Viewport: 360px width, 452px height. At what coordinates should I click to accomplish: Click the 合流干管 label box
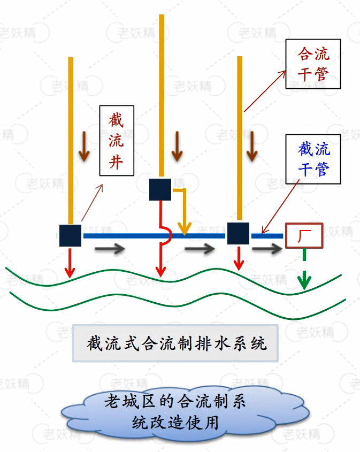[313, 63]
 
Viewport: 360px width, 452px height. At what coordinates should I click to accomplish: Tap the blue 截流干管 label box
[313, 159]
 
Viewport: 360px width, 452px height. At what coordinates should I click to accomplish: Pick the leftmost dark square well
[70, 235]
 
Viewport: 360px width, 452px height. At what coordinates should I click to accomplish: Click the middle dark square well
[160, 189]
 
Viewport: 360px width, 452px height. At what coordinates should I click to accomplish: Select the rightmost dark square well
[239, 233]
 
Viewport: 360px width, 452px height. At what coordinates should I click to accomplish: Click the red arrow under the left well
[70, 262]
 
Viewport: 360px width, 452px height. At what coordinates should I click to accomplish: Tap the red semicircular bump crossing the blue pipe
[166, 236]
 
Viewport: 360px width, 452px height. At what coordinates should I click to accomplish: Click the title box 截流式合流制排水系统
[176, 343]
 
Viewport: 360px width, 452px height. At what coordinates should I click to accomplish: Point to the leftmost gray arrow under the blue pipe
[110, 249]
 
